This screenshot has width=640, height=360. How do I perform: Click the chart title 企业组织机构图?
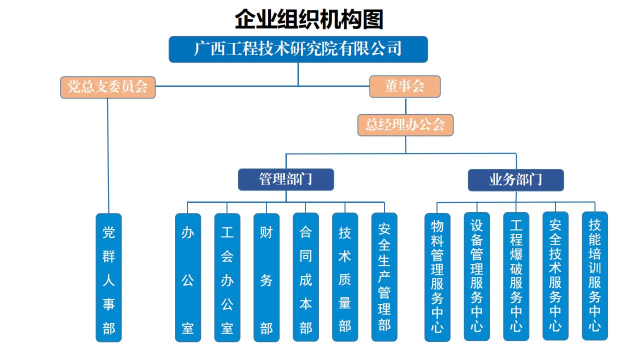coord(308,19)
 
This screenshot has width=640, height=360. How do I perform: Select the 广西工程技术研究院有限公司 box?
coord(298,49)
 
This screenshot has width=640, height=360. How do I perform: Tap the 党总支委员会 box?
coord(108,87)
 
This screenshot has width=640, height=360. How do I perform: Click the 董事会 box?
coord(404,86)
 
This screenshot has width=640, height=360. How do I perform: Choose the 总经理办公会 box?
coord(405,124)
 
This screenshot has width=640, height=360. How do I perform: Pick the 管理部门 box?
coord(285,179)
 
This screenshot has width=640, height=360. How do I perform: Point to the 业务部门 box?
coord(515,180)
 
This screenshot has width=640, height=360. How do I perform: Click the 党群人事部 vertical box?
coord(108,277)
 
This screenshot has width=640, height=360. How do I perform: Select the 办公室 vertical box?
coord(188,277)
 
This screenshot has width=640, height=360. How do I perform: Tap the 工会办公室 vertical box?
coord(227,277)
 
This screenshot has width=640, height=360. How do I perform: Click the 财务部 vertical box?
coord(266,277)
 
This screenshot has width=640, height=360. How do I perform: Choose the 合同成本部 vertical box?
coord(305,277)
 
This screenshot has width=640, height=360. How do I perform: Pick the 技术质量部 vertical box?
coord(345,277)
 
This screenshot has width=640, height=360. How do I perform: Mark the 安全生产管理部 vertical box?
coord(384,277)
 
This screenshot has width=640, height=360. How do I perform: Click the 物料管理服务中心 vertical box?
coord(437,277)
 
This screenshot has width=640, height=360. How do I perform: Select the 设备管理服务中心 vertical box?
coord(476,277)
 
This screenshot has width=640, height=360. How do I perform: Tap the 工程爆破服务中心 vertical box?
coord(516,277)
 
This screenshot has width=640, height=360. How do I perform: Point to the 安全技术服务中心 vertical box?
coord(555,277)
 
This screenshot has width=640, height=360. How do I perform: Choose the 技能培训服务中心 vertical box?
coord(594,277)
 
